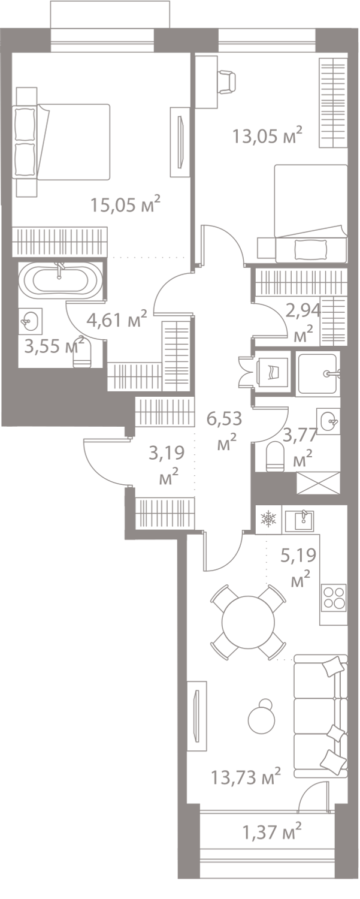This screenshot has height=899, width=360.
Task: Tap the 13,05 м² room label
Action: (267, 135)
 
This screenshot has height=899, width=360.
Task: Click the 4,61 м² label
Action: (117, 319)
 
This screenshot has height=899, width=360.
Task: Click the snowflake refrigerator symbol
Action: (268, 520)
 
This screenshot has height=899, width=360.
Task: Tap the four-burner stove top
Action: (334, 597)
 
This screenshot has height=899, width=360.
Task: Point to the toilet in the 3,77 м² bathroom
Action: (276, 457)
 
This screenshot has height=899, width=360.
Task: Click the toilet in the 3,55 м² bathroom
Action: (82, 354)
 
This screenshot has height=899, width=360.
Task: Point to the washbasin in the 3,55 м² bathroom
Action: (30, 321)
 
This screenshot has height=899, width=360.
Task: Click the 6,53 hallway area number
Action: (224, 418)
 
